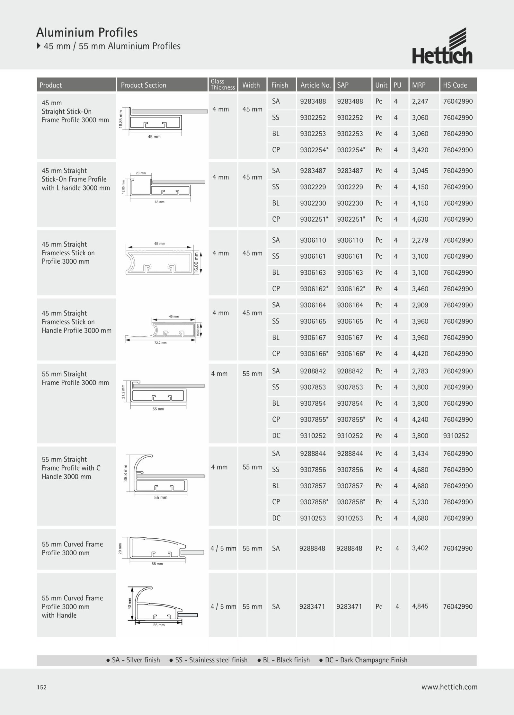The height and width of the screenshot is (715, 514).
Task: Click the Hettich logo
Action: [x=442, y=46]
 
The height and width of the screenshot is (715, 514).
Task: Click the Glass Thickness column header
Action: [x=223, y=84]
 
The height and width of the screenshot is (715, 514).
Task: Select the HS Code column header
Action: [x=455, y=85]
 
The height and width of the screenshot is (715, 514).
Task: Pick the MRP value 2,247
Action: [x=420, y=102]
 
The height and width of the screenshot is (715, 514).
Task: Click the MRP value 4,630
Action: [x=420, y=219]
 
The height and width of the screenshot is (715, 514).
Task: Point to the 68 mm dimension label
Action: [x=159, y=202]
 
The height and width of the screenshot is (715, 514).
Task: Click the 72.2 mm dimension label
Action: [x=160, y=343]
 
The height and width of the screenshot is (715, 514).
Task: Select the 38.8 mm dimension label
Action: [x=126, y=473]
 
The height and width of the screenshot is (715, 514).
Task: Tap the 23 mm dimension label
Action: [x=141, y=173]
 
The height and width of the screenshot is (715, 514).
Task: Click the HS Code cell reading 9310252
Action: [x=456, y=436]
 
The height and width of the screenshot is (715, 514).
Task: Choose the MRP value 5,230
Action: [x=420, y=502]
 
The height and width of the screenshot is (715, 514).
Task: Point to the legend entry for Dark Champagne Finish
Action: [x=363, y=660]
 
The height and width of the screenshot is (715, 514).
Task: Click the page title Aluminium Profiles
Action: [x=87, y=32]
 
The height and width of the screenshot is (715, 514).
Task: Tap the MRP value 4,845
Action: [x=420, y=606]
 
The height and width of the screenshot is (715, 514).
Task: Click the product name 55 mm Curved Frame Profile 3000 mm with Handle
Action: [x=72, y=606]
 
